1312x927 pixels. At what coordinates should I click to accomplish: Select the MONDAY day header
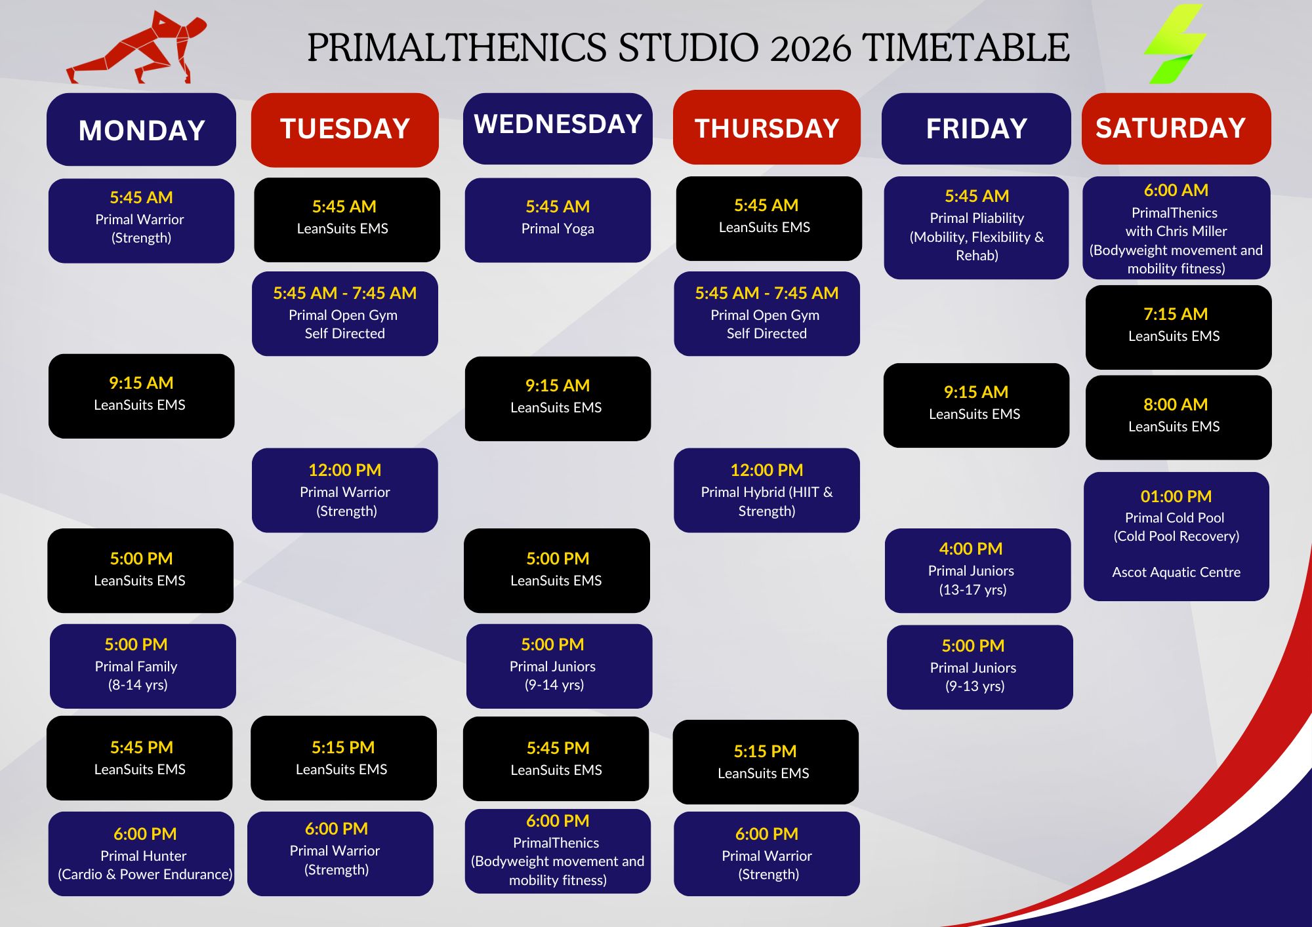click(141, 129)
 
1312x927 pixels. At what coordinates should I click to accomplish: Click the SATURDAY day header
click(1176, 128)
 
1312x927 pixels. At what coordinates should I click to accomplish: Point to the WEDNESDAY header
click(558, 128)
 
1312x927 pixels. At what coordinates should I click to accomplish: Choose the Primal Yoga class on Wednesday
click(558, 220)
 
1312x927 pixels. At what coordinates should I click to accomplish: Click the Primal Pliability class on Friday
click(976, 227)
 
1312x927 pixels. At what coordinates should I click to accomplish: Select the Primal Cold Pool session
click(1176, 536)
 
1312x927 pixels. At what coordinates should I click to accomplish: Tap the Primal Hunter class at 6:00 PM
click(141, 854)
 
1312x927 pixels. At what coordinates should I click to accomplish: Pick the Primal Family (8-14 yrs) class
click(142, 666)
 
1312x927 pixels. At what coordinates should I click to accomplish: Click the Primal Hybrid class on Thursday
click(766, 490)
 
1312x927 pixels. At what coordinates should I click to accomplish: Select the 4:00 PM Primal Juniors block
click(977, 570)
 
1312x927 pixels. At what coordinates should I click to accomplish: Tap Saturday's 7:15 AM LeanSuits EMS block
click(1178, 327)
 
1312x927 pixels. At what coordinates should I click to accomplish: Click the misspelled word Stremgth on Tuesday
click(337, 870)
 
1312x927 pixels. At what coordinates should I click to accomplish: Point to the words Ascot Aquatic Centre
click(1176, 572)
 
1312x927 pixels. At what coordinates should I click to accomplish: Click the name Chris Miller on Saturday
click(1194, 231)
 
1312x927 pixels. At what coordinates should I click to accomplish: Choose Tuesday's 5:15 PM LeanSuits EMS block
click(343, 758)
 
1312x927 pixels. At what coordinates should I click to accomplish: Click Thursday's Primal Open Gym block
click(766, 314)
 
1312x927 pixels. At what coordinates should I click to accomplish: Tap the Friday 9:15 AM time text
click(976, 392)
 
